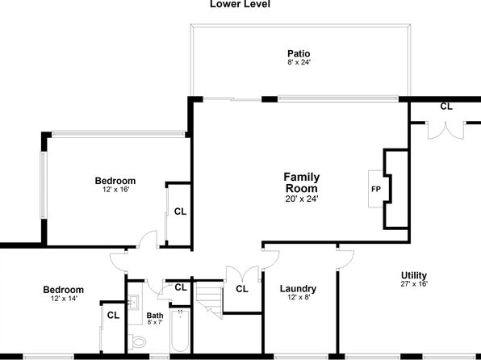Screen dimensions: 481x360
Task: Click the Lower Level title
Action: (x=240, y=4)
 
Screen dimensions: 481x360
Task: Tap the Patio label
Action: (x=299, y=54)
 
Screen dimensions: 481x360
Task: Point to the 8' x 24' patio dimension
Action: (x=299, y=62)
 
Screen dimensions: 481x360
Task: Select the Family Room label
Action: (x=302, y=182)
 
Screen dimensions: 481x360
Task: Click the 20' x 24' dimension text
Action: (x=302, y=199)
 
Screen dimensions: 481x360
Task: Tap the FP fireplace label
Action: (x=376, y=190)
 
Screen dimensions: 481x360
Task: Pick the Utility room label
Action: (x=414, y=275)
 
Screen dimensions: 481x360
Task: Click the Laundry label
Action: (x=298, y=289)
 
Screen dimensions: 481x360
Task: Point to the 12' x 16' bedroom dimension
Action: (x=115, y=190)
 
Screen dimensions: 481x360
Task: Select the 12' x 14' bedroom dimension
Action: (x=64, y=298)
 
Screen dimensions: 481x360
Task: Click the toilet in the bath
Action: (x=136, y=341)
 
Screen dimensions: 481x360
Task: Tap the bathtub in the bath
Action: (x=180, y=330)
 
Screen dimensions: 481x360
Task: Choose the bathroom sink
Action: (x=133, y=303)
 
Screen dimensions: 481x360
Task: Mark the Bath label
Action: (x=155, y=316)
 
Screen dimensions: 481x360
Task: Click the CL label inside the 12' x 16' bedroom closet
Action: (x=180, y=211)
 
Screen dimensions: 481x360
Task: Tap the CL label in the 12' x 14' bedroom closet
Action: (x=113, y=315)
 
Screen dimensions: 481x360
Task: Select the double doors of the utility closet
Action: (x=445, y=132)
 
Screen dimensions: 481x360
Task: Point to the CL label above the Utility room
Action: (x=446, y=107)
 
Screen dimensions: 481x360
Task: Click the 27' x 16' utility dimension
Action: (x=414, y=284)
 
